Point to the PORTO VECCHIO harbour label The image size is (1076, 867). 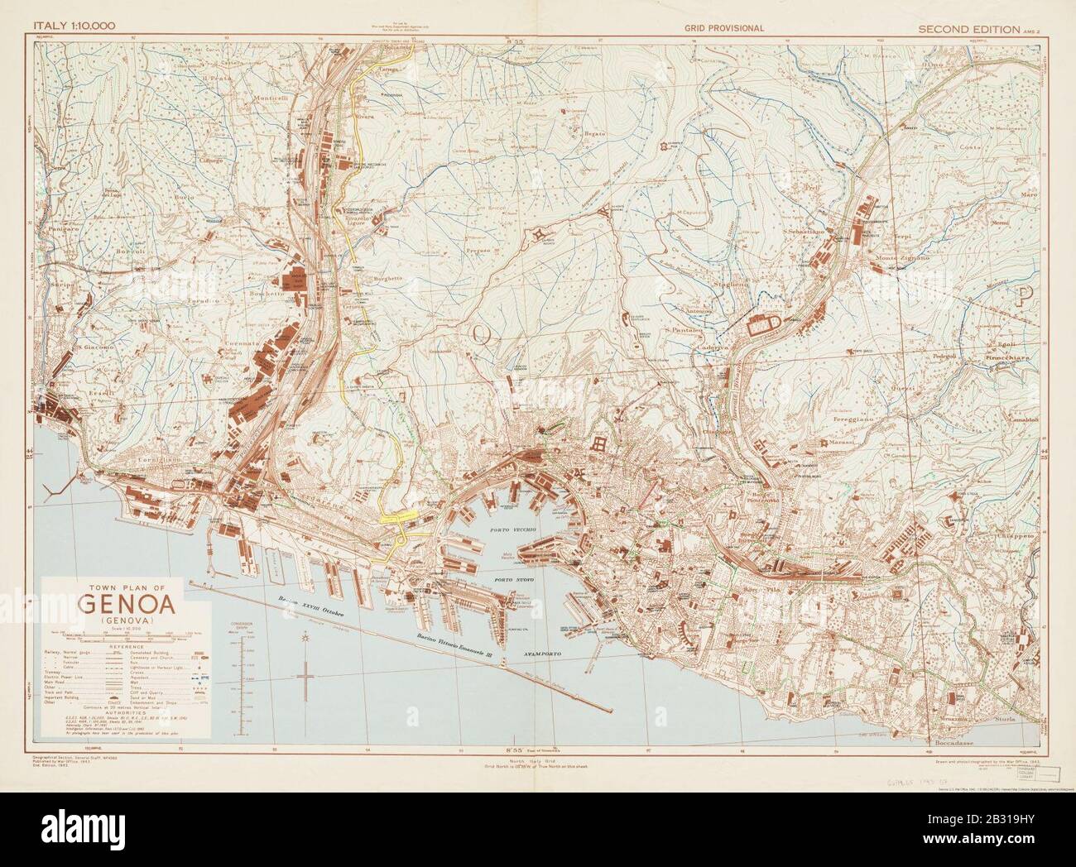pyautogui.click(x=516, y=529)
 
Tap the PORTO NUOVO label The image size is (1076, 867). pyautogui.click(x=514, y=581)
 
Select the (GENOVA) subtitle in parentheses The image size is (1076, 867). pyautogui.click(x=126, y=620)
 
